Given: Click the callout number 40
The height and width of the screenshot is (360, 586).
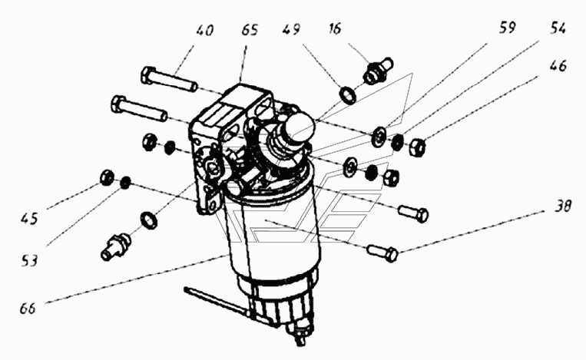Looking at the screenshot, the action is (x=204, y=30).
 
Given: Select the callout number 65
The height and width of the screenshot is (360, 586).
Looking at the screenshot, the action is (x=250, y=29).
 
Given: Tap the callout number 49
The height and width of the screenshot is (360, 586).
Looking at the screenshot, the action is (x=291, y=28).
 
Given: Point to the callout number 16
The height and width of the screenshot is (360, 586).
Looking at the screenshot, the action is (x=336, y=28).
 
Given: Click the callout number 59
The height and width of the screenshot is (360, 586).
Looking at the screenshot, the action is (x=507, y=28).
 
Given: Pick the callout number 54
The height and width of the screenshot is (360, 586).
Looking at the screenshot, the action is (x=558, y=28).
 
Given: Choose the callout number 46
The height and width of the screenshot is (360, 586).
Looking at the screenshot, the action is (x=558, y=66).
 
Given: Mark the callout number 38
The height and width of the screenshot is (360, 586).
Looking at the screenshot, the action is (x=563, y=206).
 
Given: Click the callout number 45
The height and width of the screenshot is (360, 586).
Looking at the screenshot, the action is (x=29, y=219).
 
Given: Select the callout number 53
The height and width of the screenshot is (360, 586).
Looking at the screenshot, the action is (x=29, y=260).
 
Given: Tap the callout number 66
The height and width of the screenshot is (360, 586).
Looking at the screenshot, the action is (x=28, y=309).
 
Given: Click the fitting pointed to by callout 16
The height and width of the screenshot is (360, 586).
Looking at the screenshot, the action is (x=378, y=70).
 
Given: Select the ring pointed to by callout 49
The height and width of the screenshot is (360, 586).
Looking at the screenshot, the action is (x=349, y=94).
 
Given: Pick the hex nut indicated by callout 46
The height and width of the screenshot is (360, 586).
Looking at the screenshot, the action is (x=417, y=147).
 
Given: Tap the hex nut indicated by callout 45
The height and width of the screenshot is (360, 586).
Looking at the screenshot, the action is (x=107, y=177).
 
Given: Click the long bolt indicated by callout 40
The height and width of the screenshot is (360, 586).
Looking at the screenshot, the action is (x=169, y=80).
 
